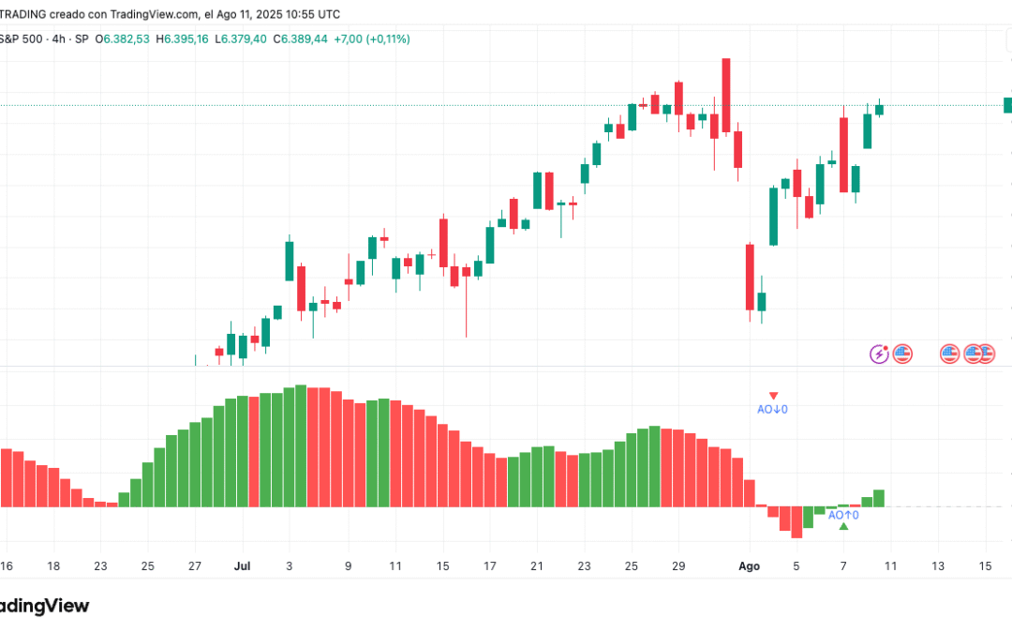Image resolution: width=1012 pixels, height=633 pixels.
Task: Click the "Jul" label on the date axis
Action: tap(244, 566)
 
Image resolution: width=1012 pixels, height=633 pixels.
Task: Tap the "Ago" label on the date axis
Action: tap(749, 566)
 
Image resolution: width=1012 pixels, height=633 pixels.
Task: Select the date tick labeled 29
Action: tap(678, 566)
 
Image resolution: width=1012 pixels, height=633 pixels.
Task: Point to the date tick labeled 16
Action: tap(7, 566)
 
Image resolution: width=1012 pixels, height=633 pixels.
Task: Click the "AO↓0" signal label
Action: tap(772, 409)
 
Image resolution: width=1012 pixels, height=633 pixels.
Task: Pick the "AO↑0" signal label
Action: tap(843, 515)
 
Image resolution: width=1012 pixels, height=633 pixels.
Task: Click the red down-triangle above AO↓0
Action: tap(773, 396)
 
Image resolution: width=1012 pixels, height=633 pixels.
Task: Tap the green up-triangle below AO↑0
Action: tap(844, 527)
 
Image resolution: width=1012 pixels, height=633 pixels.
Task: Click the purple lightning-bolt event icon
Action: tap(879, 354)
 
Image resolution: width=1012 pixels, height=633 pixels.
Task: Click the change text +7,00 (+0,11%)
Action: tap(376, 38)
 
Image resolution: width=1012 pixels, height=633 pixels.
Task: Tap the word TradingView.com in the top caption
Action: tap(155, 14)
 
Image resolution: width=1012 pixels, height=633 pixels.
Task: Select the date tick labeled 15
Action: tap(985, 566)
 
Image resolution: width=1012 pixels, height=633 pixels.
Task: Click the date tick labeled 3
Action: tap(289, 566)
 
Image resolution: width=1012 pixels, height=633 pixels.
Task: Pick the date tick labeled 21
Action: tap(537, 566)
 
